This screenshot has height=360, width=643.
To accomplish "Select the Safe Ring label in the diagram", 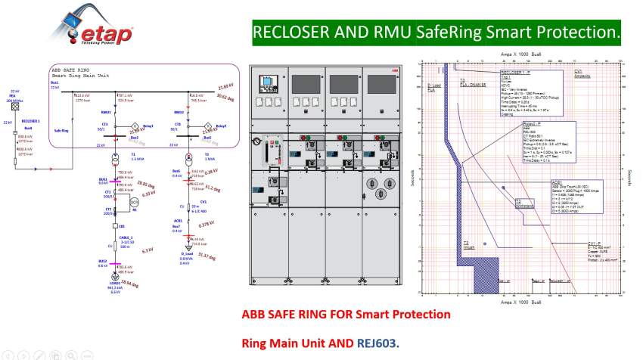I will pos(62,129).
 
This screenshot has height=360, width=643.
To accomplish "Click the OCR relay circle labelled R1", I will pos(134,203).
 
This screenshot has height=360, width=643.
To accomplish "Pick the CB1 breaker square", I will pos(114,225).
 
